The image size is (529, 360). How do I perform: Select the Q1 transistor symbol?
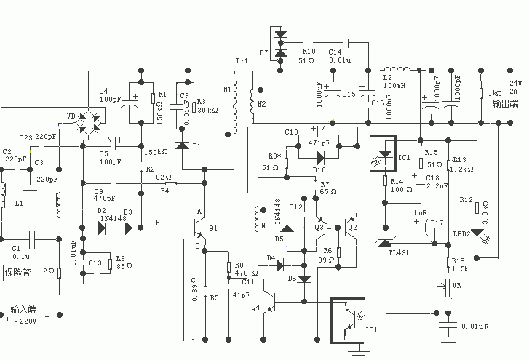click(202, 235)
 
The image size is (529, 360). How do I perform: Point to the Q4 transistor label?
click(255, 307)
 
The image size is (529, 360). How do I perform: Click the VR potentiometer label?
click(456, 285)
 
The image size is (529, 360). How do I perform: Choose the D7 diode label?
click(263, 53)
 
